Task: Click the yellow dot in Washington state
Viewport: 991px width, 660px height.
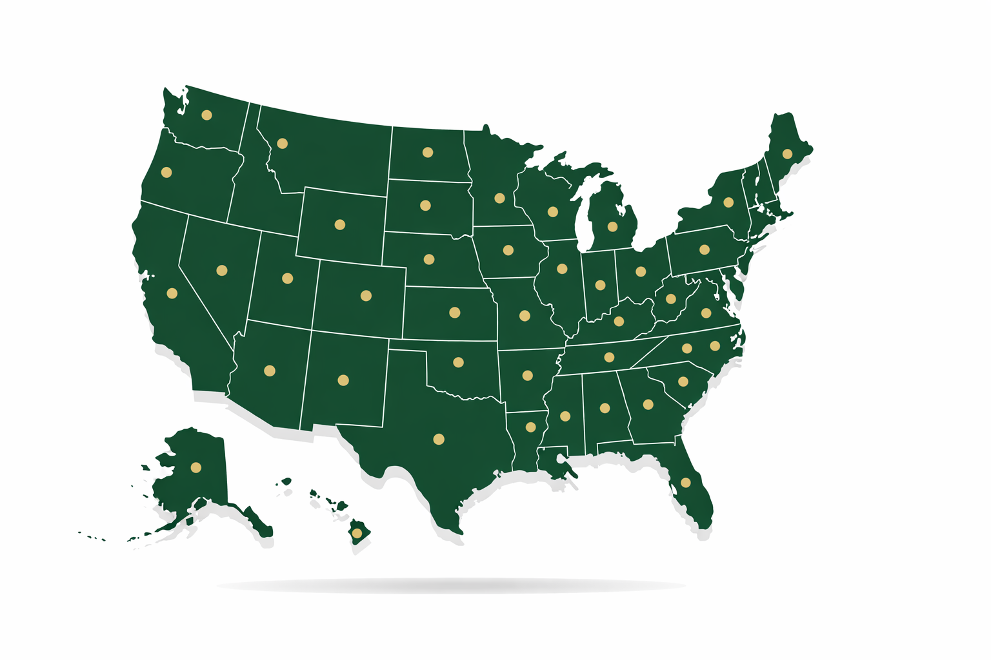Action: point(206,115)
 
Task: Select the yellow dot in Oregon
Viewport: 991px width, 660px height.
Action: point(166,172)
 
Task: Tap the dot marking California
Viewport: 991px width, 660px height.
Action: point(172,293)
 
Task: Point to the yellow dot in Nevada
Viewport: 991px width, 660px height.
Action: point(222,271)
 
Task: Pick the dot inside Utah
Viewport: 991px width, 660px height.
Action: point(288,278)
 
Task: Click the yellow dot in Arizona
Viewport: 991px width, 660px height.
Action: point(270,371)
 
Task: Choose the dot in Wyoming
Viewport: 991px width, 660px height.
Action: point(340,225)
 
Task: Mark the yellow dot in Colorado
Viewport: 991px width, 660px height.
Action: point(366,296)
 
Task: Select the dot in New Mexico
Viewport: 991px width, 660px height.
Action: point(343,380)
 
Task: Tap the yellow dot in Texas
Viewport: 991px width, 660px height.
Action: point(439,440)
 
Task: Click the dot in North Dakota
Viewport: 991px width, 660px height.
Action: point(427,153)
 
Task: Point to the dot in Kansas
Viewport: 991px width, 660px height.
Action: point(454,313)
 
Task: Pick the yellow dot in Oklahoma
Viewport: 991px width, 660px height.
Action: point(458,362)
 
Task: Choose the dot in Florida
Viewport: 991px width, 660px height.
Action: point(686,483)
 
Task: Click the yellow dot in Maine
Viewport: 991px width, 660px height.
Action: point(787,154)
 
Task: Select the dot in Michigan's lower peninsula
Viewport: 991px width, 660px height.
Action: point(612,227)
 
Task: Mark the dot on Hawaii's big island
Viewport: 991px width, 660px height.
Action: point(357,533)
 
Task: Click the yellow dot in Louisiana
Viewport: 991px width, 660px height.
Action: point(531,427)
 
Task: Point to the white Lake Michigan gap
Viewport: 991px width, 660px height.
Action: point(583,219)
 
